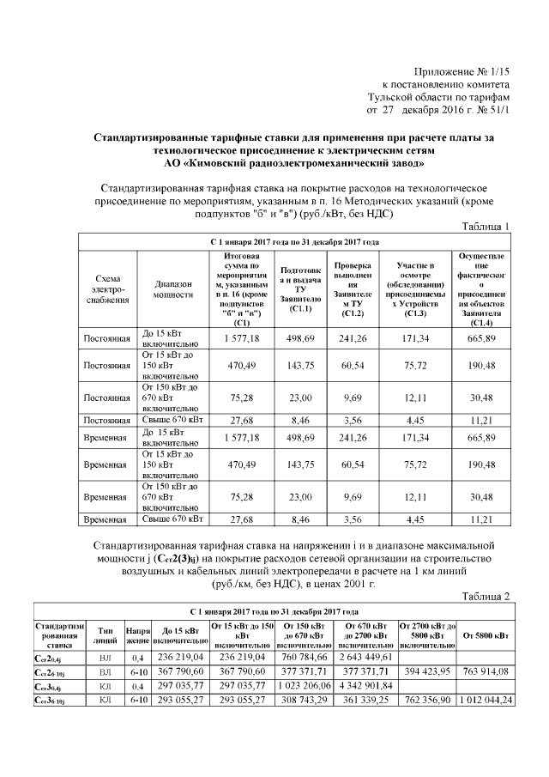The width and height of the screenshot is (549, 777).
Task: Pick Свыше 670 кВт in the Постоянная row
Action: (172, 420)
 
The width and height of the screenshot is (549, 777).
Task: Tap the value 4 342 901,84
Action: (366, 686)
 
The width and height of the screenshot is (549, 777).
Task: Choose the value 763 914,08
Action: (486, 671)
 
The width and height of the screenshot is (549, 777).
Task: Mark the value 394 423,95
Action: (427, 671)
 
